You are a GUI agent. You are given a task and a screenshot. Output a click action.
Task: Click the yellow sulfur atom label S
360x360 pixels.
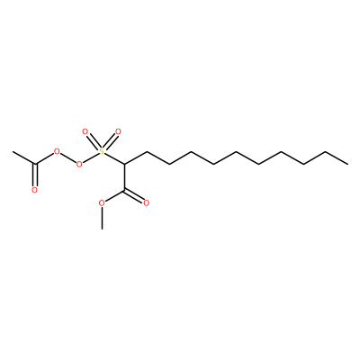click(x=102, y=151)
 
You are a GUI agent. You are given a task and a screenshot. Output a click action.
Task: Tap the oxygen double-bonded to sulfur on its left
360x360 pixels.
click(x=85, y=131)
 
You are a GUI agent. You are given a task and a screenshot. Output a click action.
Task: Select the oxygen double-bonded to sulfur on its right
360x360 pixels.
click(x=118, y=131)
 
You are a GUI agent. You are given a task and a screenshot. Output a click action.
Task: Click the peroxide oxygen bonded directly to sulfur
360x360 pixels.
click(x=79, y=164)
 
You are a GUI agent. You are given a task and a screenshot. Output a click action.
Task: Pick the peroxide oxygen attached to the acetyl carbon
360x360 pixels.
click(x=57, y=151)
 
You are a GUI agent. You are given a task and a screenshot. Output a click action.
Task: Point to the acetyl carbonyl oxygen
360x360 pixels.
click(x=34, y=190)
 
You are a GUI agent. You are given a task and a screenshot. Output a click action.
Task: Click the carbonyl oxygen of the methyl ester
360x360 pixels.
click(x=146, y=203)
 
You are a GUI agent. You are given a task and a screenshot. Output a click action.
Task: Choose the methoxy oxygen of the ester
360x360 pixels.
click(x=102, y=203)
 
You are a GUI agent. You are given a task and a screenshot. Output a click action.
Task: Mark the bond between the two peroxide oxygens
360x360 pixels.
click(x=68, y=157)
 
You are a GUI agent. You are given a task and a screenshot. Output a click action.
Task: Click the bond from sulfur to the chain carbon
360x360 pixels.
click(x=114, y=158)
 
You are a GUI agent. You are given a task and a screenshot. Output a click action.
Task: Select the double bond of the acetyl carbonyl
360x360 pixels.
click(x=34, y=175)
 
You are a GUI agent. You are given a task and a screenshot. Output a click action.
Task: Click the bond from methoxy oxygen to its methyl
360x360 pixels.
click(x=102, y=219)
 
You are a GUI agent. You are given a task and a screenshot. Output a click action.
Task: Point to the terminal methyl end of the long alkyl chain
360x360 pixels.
click(x=347, y=164)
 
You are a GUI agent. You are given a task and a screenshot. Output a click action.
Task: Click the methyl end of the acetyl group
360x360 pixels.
click(x=13, y=152)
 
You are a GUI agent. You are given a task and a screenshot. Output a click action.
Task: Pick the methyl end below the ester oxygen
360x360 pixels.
click(x=102, y=229)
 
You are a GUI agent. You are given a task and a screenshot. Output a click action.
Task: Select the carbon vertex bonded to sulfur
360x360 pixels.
click(x=124, y=165)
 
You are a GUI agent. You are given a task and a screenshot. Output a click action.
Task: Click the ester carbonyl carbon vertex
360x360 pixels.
click(x=124, y=190)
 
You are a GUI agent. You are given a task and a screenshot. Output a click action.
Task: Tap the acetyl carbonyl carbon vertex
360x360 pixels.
click(x=35, y=164)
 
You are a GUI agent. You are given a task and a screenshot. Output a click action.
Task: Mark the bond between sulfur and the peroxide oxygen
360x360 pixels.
click(x=91, y=157)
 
